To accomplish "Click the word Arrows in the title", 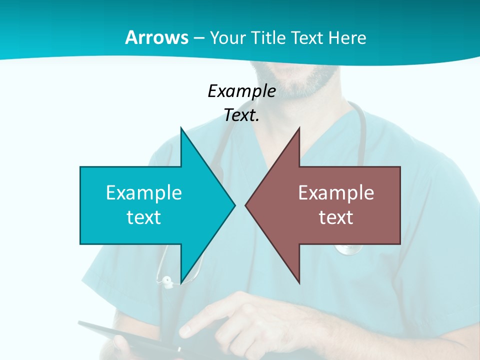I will [x=156, y=37].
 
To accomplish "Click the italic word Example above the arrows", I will [x=241, y=91].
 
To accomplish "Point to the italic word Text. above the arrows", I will [x=241, y=116].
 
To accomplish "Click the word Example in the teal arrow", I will [x=144, y=192].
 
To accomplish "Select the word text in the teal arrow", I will [x=143, y=217].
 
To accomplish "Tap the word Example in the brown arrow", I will [x=336, y=192].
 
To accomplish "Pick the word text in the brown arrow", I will [x=336, y=217].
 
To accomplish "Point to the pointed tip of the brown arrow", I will [x=246, y=205].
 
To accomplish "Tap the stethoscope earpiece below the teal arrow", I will [x=166, y=281].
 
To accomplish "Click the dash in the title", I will [x=198, y=38].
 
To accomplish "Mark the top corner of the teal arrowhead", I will [x=181, y=128].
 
